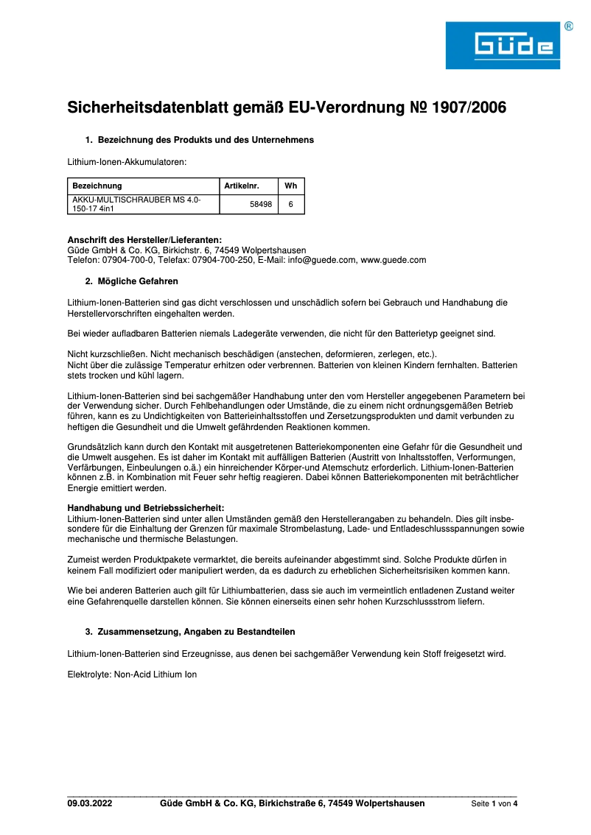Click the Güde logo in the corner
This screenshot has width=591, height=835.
pos(503,46)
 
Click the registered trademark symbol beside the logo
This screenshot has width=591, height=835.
pos(569,27)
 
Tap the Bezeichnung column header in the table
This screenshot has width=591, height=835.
pos(97,186)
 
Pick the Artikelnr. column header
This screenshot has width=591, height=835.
pos(242,186)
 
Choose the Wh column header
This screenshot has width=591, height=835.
pos(290,186)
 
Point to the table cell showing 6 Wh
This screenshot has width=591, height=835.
pos(290,205)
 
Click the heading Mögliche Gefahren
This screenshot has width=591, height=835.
pos(138,281)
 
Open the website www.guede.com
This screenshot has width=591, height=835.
pos(394,260)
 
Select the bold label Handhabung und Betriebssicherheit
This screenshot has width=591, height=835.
pos(146,507)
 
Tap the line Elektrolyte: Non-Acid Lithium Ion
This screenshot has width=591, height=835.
pos(132,674)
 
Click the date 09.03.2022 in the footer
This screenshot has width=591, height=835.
pos(90,803)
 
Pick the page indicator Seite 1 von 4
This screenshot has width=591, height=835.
pos(494,804)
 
